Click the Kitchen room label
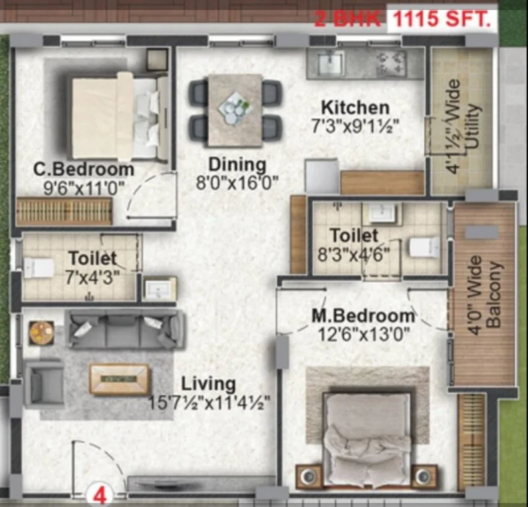pos(356,108)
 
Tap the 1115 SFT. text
pos(442,19)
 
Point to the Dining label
pos(237,165)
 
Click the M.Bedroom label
pos(364,316)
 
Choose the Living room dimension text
pos(209,403)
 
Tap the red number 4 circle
pos(100,495)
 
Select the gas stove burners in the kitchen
pos(390,63)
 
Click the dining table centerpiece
pos(235,108)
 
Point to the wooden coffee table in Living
pos(119,379)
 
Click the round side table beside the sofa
pos(41,333)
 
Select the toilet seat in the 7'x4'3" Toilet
pos(38,268)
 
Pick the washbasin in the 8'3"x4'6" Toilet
pos(382,213)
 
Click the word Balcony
pos(495,295)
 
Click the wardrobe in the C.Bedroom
pos(64,212)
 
